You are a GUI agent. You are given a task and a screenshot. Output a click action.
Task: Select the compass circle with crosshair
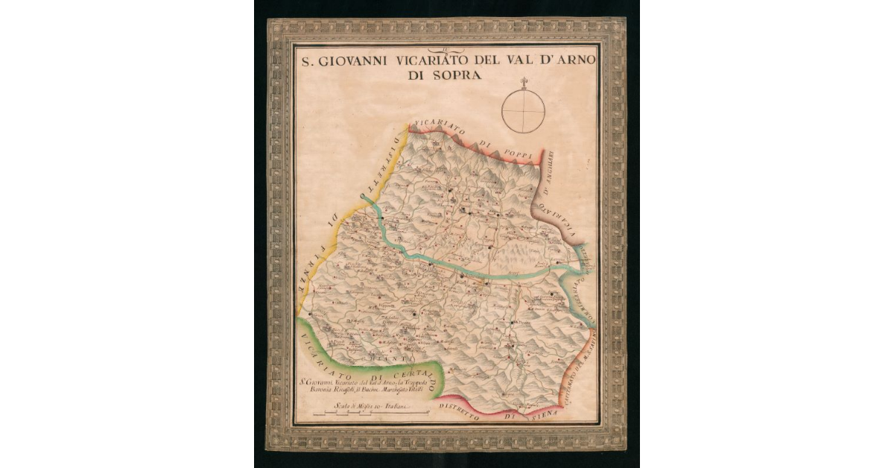click(523, 111)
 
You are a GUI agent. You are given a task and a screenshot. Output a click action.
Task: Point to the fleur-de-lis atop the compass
click(523, 81)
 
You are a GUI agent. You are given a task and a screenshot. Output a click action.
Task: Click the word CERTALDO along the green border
click(406, 370)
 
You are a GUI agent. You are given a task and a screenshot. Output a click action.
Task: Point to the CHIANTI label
click(384, 360)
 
